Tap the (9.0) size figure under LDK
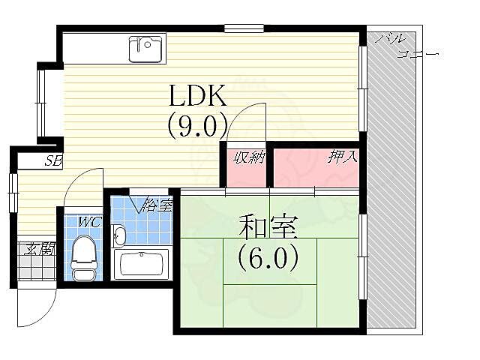(x=197, y=125)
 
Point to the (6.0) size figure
(x=268, y=258)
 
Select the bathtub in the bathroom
(x=142, y=264)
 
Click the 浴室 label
(x=157, y=204)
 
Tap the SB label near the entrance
(x=52, y=160)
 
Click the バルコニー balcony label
(x=405, y=45)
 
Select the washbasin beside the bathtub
(x=118, y=235)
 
